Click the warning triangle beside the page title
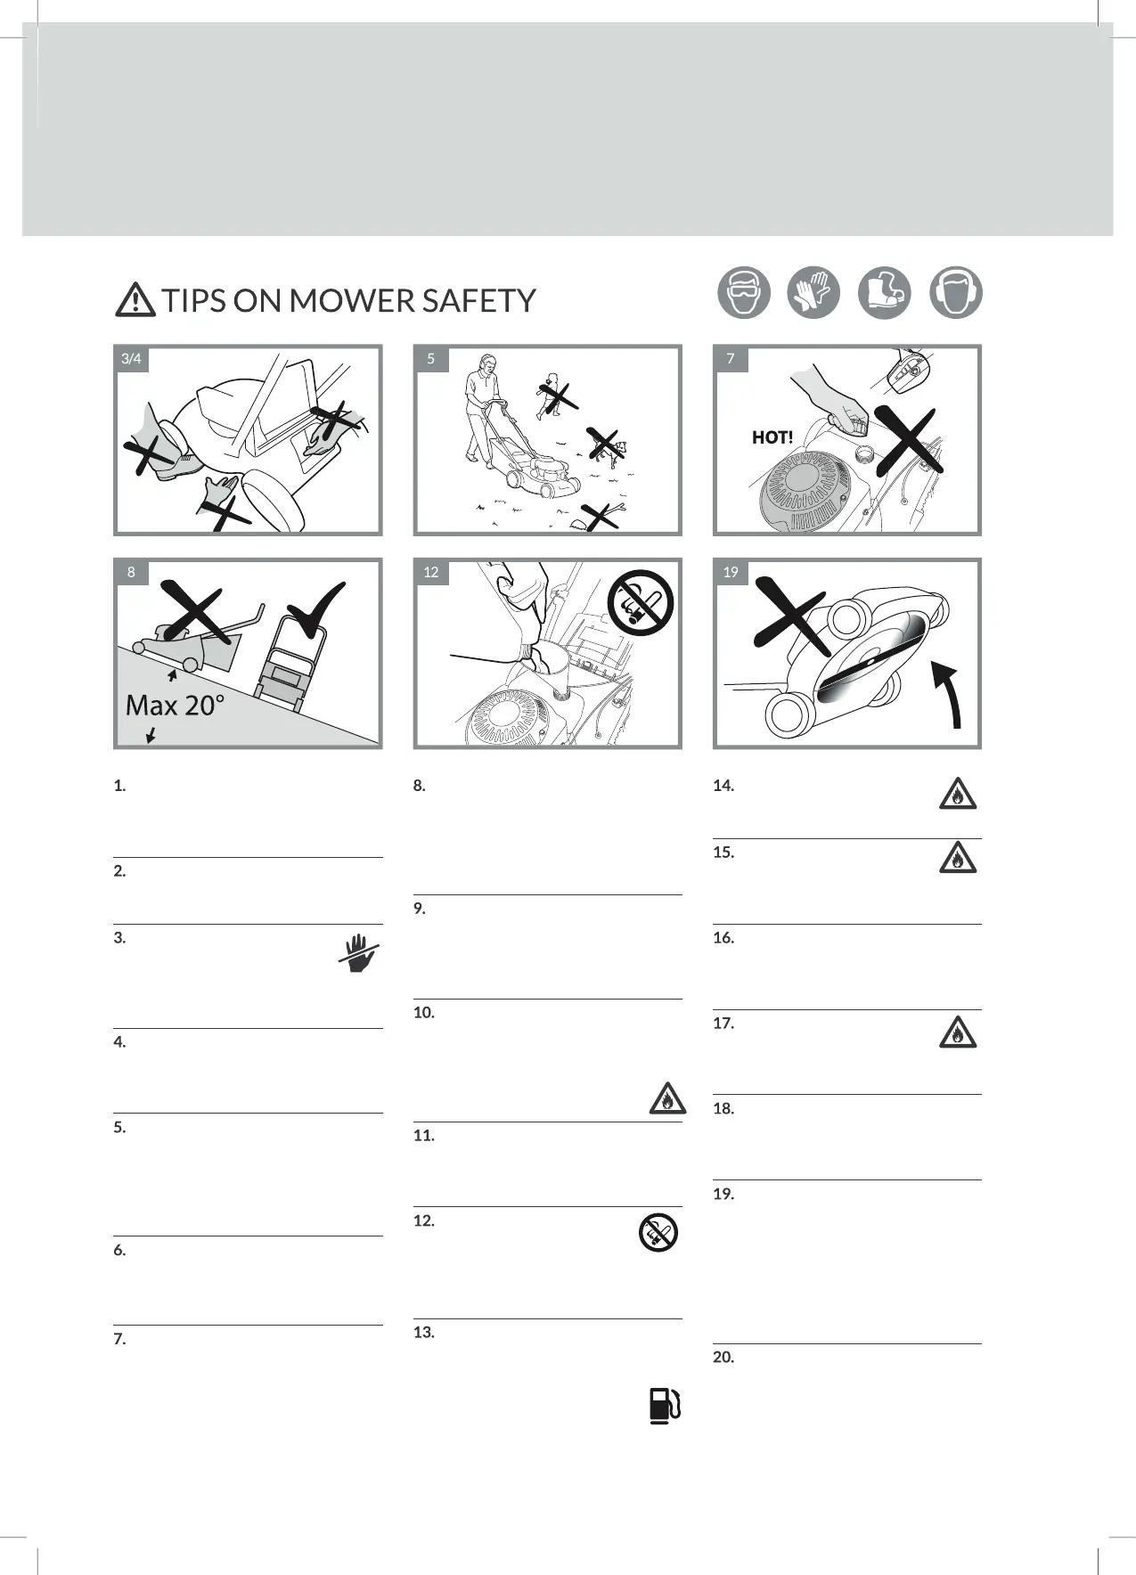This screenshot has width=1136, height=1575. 135,299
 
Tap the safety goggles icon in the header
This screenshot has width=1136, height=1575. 744,293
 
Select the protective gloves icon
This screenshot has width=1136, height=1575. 813,293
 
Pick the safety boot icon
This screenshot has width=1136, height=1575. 884,293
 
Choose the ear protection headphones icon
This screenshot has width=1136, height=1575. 955,293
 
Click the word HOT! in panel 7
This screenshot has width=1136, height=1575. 772,437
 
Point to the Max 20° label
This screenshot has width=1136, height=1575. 175,706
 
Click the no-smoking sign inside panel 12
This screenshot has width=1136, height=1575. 641,603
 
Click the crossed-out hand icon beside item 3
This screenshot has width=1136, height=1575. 359,952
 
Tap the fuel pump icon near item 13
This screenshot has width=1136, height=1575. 665,1406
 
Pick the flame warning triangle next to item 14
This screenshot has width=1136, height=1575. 958,794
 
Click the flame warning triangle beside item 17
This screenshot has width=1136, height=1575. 958,1032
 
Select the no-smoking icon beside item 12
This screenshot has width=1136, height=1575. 659,1232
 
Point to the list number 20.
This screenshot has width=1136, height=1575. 723,1358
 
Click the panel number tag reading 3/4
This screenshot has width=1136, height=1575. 131,359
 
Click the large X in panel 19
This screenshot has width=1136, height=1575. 791,616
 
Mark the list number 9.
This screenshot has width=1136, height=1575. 420,909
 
